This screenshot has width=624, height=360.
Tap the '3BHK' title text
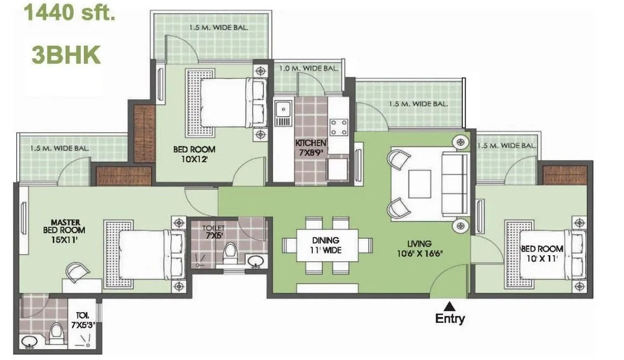[66, 55]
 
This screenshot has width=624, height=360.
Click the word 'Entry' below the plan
[450, 319]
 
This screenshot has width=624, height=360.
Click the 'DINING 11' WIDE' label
[326, 245]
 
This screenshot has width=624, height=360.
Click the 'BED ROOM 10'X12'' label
[194, 154]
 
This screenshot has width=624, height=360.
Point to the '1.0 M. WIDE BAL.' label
[309, 68]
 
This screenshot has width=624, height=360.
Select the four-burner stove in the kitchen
[339, 127]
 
